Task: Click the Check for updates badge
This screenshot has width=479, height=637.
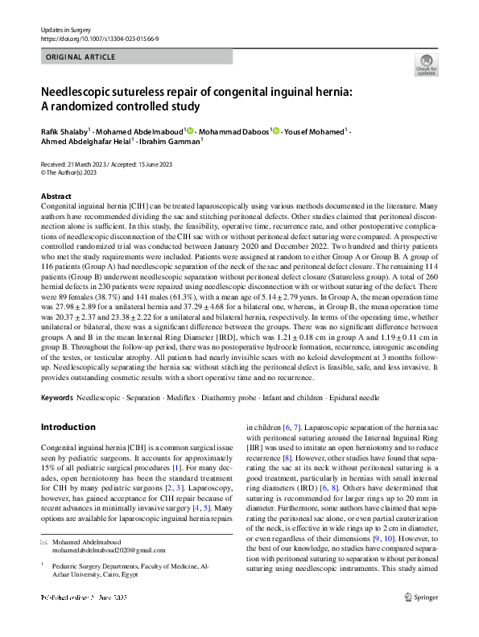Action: (425, 64)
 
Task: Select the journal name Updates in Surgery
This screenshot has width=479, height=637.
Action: (62, 29)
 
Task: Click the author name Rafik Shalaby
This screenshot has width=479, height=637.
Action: (64, 130)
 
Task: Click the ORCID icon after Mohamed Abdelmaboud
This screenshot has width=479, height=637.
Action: (188, 130)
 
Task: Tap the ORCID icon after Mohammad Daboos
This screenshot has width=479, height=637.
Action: (275, 130)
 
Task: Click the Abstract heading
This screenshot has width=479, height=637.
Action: (56, 196)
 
